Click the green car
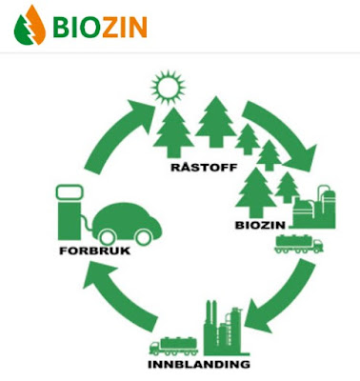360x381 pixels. (x=131, y=223)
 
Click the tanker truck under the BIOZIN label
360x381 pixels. (x=298, y=244)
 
